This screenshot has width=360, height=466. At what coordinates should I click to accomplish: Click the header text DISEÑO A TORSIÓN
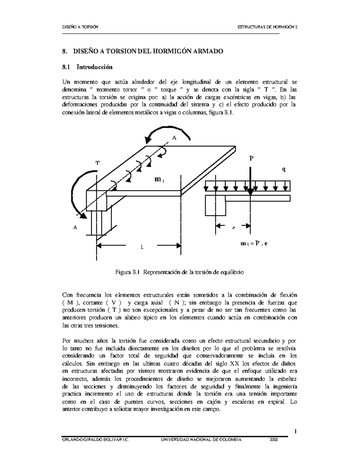point(80,28)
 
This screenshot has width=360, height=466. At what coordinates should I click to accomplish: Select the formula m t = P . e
point(254,244)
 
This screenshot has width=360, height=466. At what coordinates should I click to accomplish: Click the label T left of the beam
point(97,163)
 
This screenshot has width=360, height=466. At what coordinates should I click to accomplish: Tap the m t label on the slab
point(158,179)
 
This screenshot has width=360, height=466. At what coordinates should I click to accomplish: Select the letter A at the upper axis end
point(174,137)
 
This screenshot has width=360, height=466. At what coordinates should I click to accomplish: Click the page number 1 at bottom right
point(295,431)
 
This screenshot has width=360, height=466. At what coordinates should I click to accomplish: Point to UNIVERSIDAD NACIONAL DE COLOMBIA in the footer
point(201,439)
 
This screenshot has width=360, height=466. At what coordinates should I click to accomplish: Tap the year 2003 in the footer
point(273,439)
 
